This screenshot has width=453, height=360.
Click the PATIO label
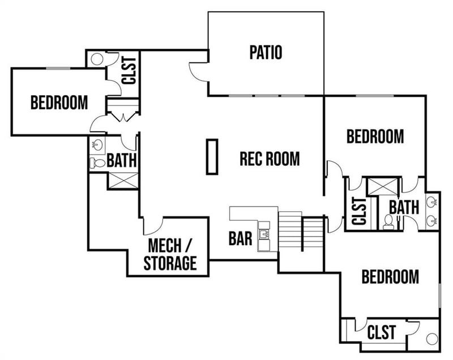click(266, 53)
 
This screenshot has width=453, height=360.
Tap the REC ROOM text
click(270, 158)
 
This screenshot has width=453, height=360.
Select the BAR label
click(240, 238)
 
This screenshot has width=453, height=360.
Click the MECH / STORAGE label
click(170, 255)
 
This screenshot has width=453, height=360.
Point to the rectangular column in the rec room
click(212, 157)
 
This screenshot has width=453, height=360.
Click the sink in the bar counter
click(264, 234)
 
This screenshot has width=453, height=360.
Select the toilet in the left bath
click(96, 162)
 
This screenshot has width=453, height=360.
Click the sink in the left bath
click(97, 145)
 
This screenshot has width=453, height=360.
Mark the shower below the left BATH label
click(122, 180)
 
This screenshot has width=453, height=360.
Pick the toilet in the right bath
click(388, 221)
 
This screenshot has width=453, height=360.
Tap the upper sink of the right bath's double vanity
click(431, 202)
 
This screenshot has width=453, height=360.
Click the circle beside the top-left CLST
click(96, 59)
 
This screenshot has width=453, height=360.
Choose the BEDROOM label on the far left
click(59, 103)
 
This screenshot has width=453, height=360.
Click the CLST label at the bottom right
click(382, 332)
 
